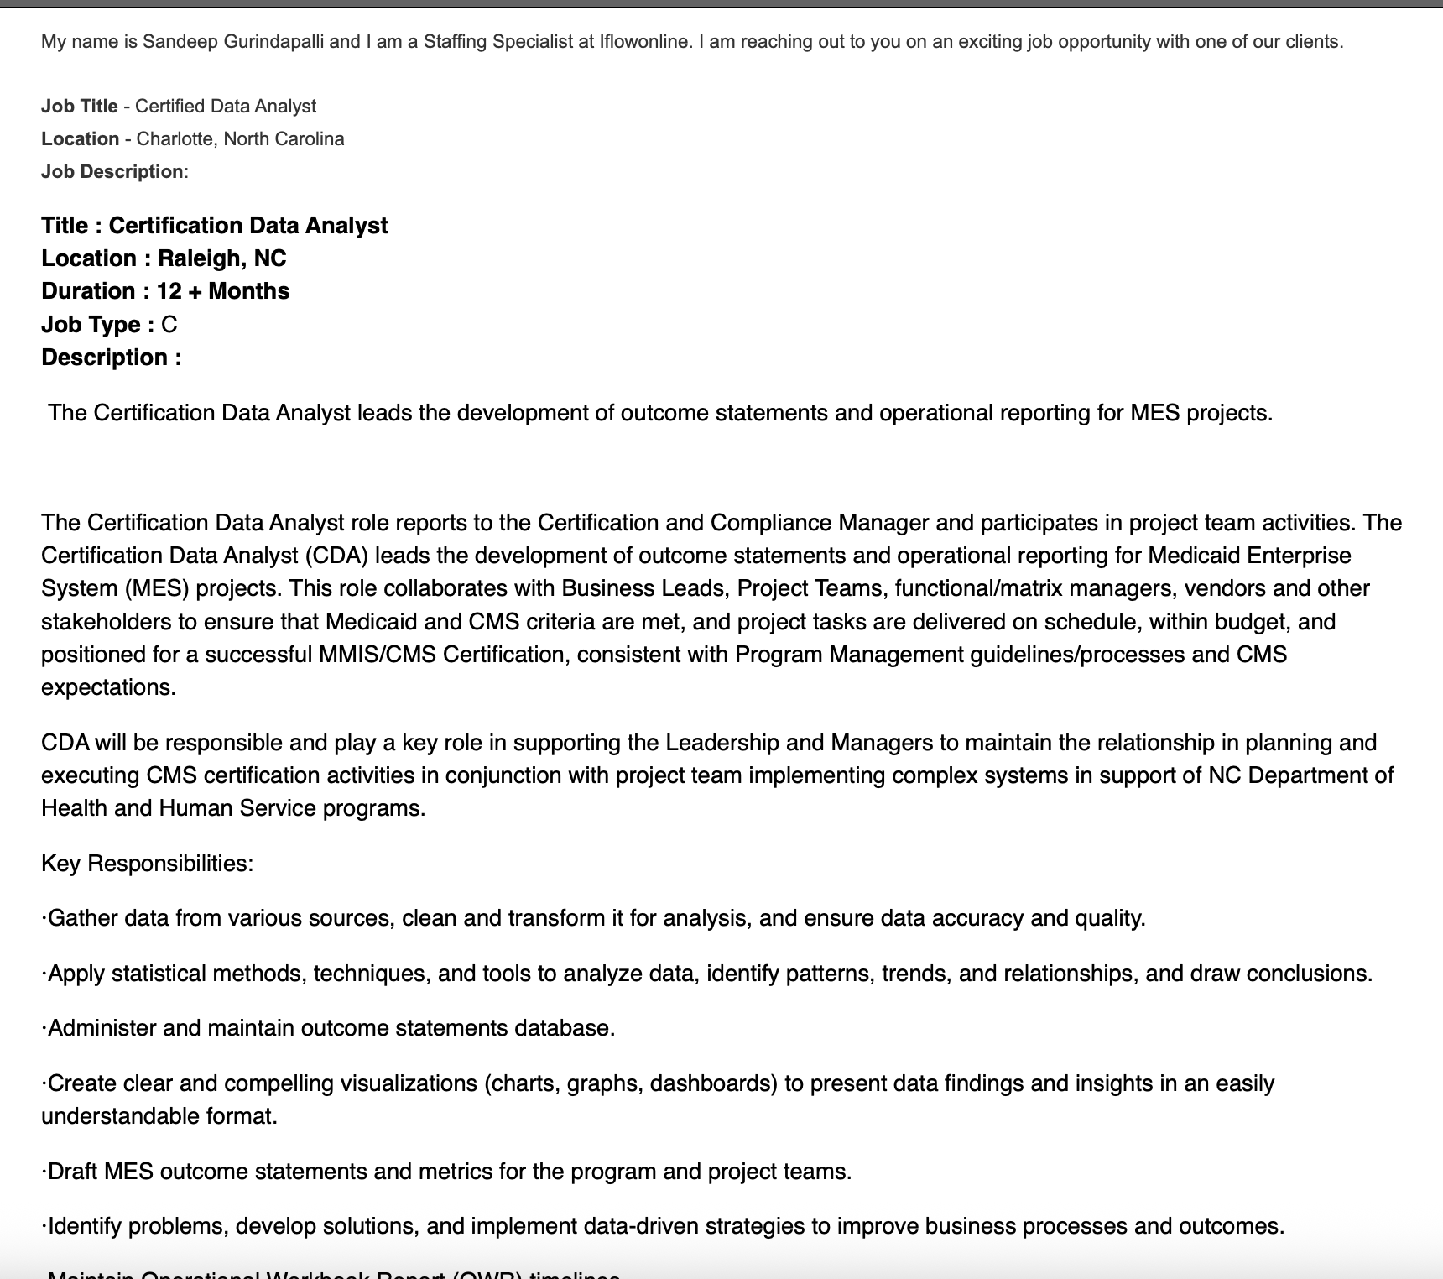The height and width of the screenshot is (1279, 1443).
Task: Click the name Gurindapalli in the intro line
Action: [273, 42]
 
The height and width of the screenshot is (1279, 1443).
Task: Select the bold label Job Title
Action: [80, 107]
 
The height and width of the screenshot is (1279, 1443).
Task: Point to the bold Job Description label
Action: [112, 172]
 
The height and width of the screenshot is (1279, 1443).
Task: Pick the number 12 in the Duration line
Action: [169, 291]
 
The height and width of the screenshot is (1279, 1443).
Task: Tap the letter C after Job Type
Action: [169, 325]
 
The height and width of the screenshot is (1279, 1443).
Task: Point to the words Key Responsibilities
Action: [148, 864]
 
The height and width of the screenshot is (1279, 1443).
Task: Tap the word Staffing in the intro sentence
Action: [456, 42]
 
